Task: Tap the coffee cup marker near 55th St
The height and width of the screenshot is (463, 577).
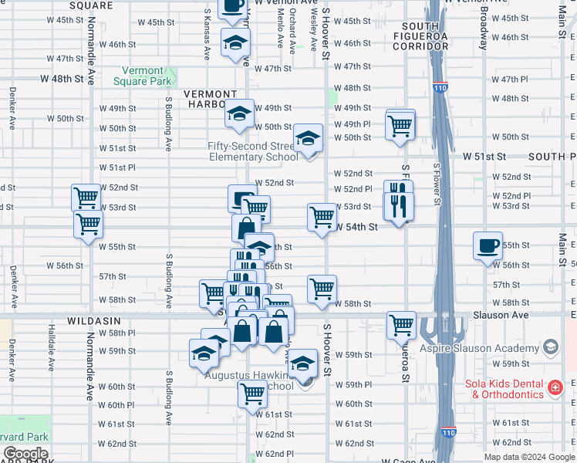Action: [x=488, y=246]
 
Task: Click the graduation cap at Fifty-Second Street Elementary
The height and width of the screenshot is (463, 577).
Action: [x=308, y=139]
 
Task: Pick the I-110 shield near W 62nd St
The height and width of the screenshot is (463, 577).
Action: [x=449, y=432]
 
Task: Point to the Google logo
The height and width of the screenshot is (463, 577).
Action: [x=26, y=454]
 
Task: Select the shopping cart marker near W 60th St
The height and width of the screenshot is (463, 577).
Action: [x=252, y=394]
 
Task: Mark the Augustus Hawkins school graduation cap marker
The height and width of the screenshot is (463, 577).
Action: [x=302, y=362]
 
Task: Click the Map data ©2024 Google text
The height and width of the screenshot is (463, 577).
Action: [x=529, y=457]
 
